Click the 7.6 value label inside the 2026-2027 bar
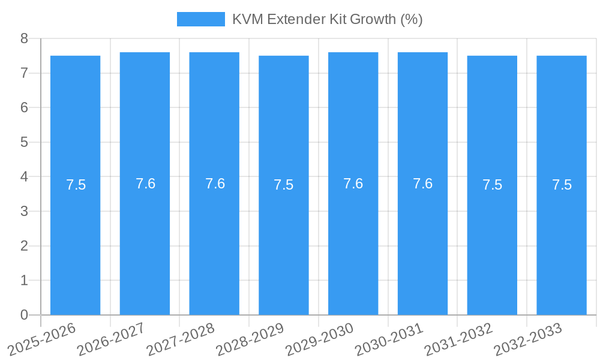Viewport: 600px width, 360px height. coord(145,184)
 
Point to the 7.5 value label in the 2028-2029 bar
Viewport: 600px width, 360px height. coord(284,185)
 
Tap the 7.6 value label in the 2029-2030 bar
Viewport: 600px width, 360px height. coord(353,184)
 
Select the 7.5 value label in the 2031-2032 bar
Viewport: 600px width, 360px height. coord(492,185)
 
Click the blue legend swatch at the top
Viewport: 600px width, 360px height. coord(200,19)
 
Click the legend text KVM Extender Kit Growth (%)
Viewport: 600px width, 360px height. coord(327,19)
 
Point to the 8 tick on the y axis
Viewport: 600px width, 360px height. coord(24,39)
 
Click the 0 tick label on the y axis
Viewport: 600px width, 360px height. coord(24,315)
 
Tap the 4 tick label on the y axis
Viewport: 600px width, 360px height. coord(24,177)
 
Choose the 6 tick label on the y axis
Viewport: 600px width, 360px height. coord(24,108)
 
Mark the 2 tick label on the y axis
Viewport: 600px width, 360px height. coord(24,246)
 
